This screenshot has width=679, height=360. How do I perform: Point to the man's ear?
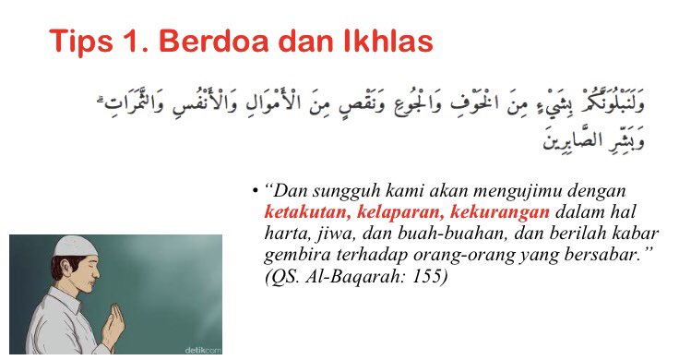pyautogui.click(x=61, y=276)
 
